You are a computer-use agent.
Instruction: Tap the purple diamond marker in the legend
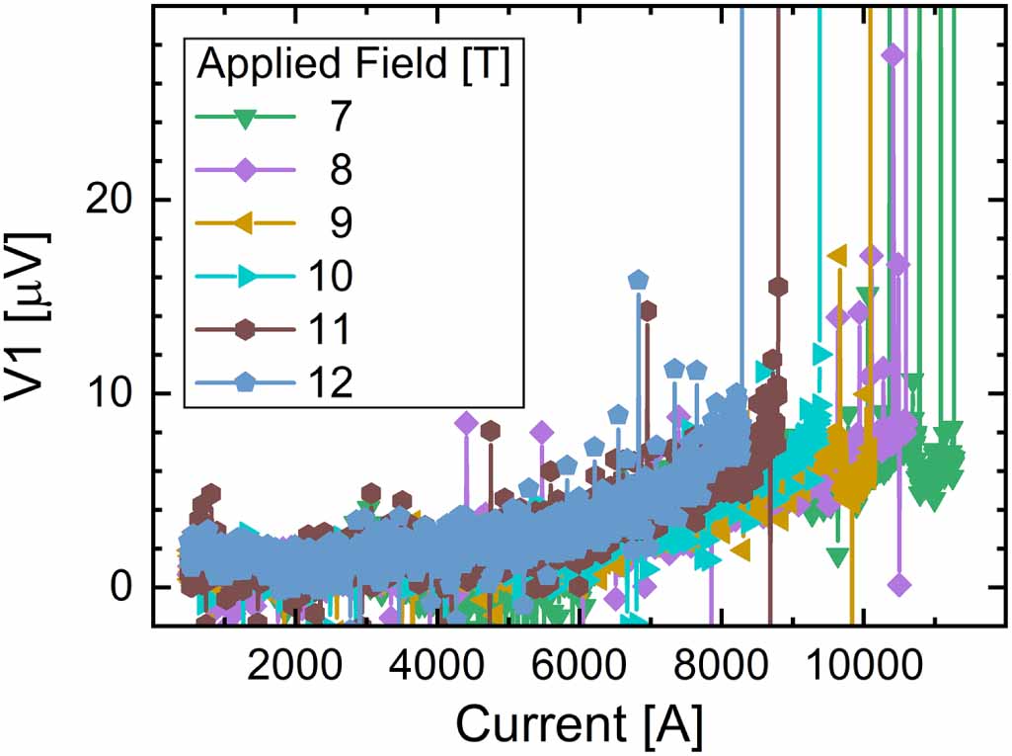tap(248, 171)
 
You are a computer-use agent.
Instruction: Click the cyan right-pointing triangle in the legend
tap(248, 278)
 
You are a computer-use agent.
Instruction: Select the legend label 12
tap(331, 383)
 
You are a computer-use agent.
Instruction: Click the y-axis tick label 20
tap(125, 199)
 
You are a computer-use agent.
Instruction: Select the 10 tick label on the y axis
tap(125, 393)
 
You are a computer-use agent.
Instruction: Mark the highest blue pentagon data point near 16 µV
tap(638, 281)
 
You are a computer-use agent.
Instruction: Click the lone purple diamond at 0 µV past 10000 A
tap(898, 585)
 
